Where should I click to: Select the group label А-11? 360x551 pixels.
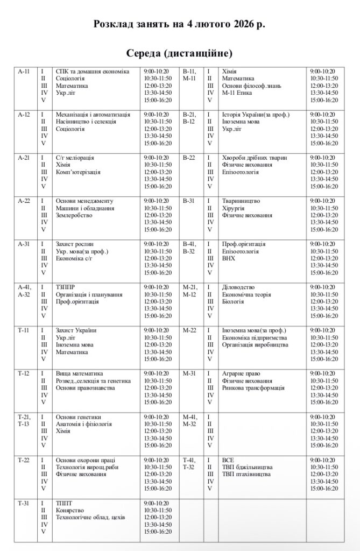point(24,72)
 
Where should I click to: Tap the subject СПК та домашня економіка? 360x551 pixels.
point(93,72)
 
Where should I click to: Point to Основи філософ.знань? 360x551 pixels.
point(251,86)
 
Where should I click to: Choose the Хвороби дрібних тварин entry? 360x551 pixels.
point(255,158)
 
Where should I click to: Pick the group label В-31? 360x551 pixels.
point(189,201)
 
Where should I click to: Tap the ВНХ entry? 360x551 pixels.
point(229,258)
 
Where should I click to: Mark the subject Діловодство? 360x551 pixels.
point(238,287)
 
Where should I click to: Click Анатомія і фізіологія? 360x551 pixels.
point(84,424)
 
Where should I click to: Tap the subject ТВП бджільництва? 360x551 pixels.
point(247,467)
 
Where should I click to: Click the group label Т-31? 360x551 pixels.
point(24,503)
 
